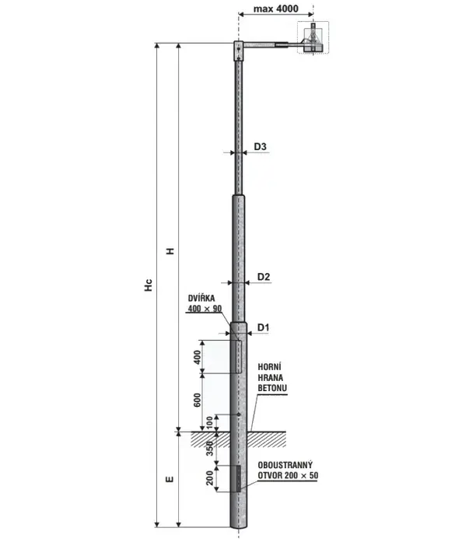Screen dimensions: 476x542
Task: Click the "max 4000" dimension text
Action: coord(275,9)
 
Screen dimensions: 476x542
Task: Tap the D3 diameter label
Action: coord(260,146)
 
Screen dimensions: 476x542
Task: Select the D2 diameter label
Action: coord(264,277)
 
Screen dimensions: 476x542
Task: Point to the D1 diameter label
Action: coord(263,327)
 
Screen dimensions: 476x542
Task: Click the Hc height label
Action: coord(149,285)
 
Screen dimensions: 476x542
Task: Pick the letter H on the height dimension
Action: coord(170,251)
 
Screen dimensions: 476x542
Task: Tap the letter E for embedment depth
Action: coord(170,479)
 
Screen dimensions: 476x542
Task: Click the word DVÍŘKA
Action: coord(201,298)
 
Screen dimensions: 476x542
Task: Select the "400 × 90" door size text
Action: coord(205,309)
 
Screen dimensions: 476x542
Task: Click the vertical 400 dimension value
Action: coord(197,357)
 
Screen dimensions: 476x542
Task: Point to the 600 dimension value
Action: coord(197,400)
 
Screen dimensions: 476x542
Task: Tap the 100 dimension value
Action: coord(209,423)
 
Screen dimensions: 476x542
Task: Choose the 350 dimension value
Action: coord(209,449)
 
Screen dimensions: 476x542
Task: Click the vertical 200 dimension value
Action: coord(209,478)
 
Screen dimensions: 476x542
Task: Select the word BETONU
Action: coord(272,388)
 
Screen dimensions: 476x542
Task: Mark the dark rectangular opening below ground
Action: coord(239,478)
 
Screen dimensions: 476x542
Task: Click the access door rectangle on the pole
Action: coord(239,356)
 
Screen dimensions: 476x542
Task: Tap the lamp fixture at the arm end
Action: coord(313,37)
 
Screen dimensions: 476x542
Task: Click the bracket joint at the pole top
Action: coord(239,51)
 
